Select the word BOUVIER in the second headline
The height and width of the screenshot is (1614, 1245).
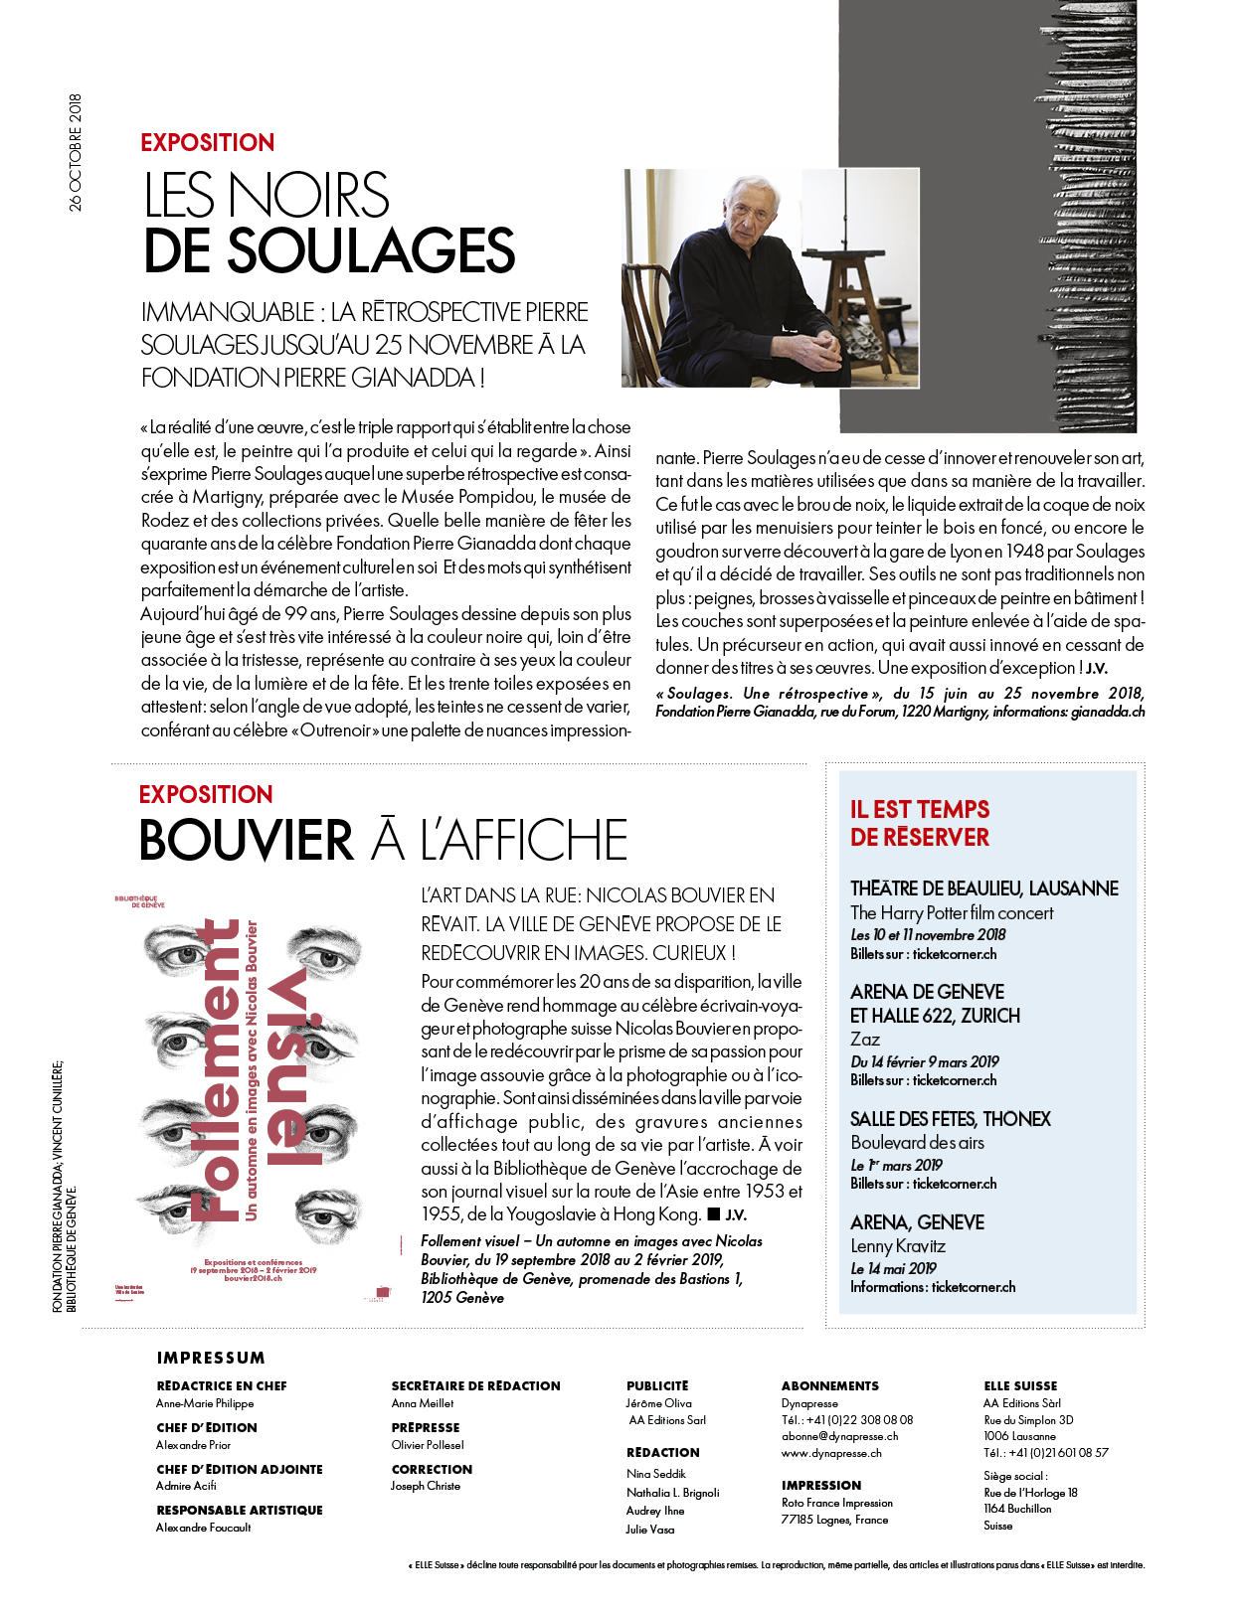(247, 841)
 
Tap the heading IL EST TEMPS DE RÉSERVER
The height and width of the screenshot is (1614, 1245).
(920, 823)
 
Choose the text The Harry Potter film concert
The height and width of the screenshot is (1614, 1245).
(952, 912)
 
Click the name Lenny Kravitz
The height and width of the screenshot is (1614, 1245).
(898, 1246)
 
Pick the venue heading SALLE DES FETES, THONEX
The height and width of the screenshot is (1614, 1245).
(950, 1119)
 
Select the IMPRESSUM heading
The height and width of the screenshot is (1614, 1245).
(211, 1358)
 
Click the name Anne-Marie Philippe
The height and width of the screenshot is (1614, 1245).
(205, 1403)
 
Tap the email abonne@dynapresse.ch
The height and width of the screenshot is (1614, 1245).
(839, 1436)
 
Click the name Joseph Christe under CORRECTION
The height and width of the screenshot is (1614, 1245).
(426, 1486)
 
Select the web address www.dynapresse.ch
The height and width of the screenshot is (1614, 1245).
(831, 1453)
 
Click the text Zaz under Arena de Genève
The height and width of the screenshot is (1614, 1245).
(865, 1039)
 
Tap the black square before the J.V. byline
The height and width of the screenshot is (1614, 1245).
(713, 1213)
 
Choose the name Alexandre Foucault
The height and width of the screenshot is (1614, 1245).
(203, 1528)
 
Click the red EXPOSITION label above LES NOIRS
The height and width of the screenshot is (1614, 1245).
(207, 142)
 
